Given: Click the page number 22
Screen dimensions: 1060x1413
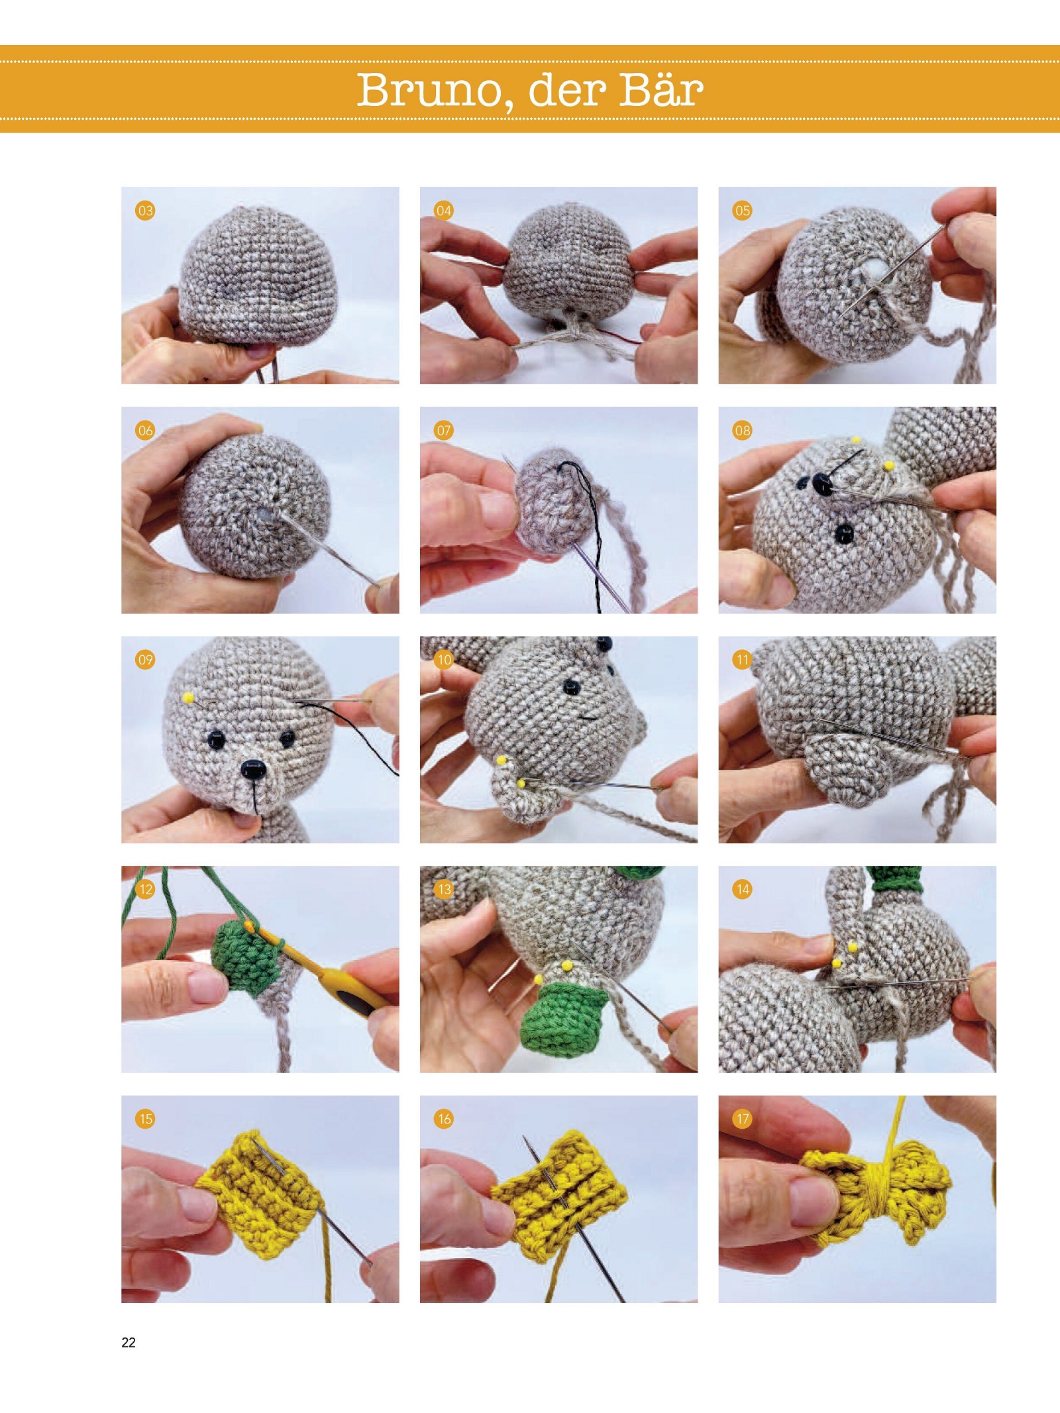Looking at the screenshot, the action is click(129, 1342).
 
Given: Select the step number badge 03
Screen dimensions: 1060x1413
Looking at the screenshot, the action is click(145, 211).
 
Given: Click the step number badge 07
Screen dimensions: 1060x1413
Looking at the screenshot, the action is click(444, 431).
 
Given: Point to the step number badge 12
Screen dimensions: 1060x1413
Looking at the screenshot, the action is click(145, 889).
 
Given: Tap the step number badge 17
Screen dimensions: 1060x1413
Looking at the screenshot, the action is click(743, 1119).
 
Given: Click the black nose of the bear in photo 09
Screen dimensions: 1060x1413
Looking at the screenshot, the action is click(252, 768).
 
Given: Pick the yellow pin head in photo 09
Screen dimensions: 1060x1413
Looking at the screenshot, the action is click(189, 698).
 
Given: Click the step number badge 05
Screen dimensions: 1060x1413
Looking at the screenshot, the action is click(743, 211).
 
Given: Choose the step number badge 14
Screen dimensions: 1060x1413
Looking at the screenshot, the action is click(743, 889).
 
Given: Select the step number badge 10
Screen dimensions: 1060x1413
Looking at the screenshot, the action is click(444, 660).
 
